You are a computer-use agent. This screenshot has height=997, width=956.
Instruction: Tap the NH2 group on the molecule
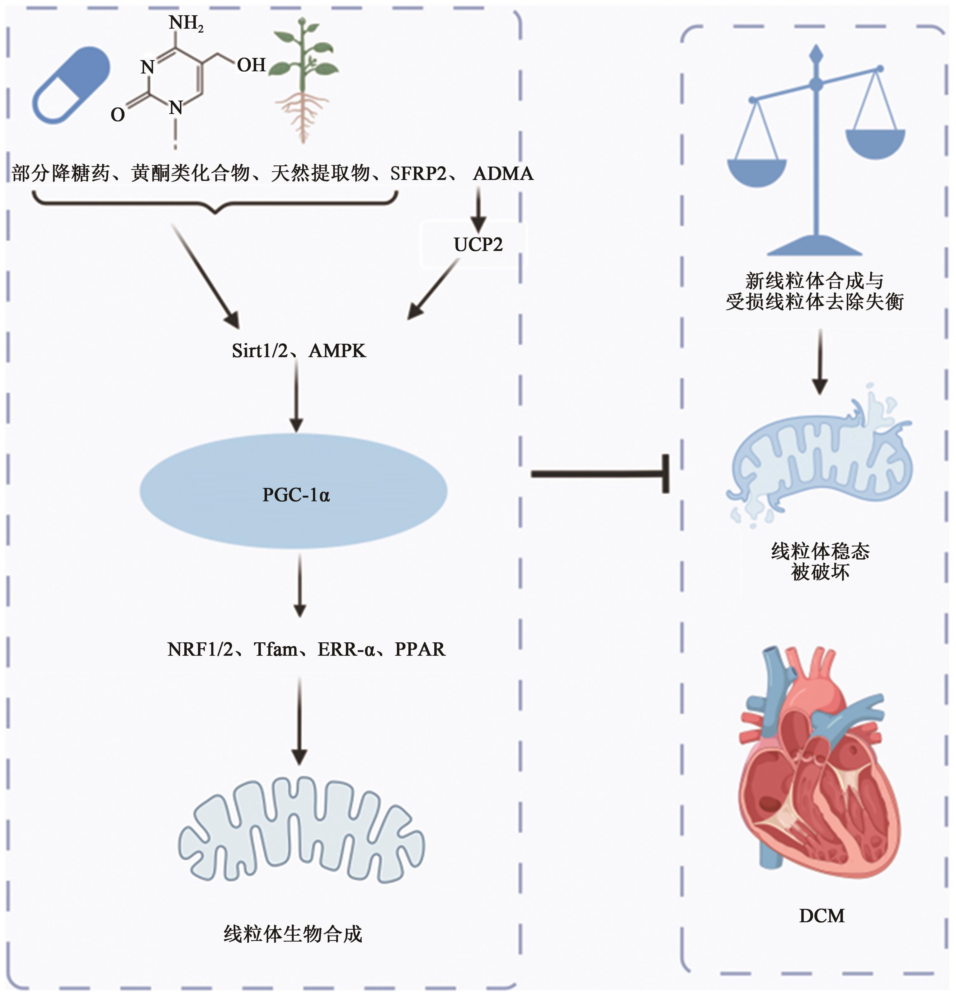[186, 23]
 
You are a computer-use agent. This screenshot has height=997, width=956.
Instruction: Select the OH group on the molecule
[251, 65]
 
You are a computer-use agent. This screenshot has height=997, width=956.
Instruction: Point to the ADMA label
[503, 174]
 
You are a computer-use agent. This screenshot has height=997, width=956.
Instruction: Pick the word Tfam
[275, 650]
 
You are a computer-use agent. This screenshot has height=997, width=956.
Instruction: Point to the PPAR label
[420, 650]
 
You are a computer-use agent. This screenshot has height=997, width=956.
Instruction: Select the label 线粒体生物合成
[293, 934]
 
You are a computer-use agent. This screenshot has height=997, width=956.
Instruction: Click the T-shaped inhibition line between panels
[600, 474]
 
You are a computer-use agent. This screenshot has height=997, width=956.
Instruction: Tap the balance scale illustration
[817, 153]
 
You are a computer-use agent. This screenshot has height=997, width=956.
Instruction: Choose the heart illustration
[814, 763]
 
